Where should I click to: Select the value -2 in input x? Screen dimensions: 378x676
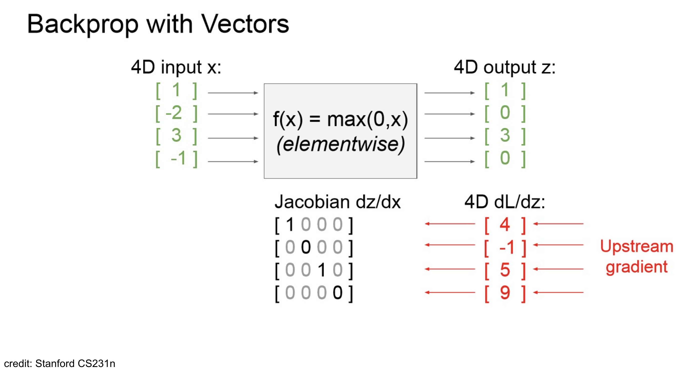pyautogui.click(x=174, y=113)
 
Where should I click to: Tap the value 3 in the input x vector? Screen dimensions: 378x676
pyautogui.click(x=176, y=135)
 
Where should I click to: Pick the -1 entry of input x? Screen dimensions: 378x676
pyautogui.click(x=178, y=158)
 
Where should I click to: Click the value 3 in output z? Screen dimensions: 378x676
pyautogui.click(x=505, y=135)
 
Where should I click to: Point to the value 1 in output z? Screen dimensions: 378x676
pyautogui.click(x=505, y=90)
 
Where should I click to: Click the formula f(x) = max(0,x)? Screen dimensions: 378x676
pyautogui.click(x=340, y=120)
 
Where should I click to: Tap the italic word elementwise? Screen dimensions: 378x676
pyautogui.click(x=340, y=144)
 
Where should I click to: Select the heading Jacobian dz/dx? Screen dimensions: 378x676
pyautogui.click(x=337, y=202)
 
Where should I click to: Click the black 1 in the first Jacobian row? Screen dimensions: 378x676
pyautogui.click(x=290, y=225)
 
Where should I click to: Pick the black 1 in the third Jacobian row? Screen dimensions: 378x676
pyautogui.click(x=322, y=270)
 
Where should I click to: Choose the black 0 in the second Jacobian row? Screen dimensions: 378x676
pyautogui.click(x=306, y=247)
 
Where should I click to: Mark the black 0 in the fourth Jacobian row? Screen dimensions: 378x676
pyautogui.click(x=338, y=293)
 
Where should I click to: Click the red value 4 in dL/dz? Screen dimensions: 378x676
pyautogui.click(x=505, y=225)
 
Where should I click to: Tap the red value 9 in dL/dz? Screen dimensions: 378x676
pyautogui.click(x=505, y=293)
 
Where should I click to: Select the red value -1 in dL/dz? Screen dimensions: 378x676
pyautogui.click(x=506, y=247)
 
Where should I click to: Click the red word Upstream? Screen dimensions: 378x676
pyautogui.click(x=637, y=247)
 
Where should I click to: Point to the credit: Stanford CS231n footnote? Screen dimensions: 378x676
pyautogui.click(x=60, y=364)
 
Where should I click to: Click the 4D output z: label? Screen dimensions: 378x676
pyautogui.click(x=504, y=68)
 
